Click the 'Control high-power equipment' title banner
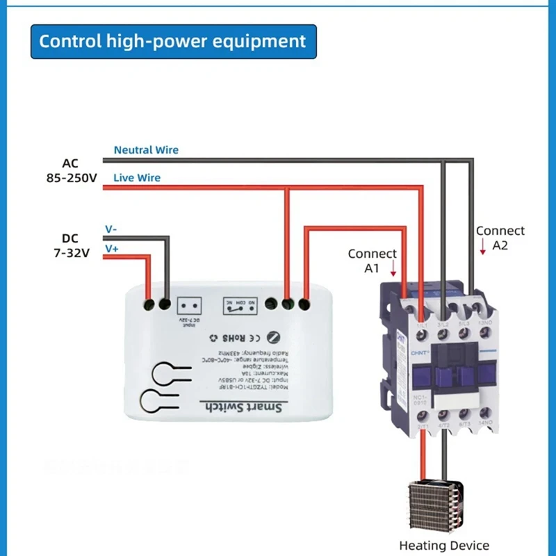point(172,41)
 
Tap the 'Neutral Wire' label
point(146,149)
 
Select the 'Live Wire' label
point(137,178)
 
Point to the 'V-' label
point(111,229)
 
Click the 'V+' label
point(111,248)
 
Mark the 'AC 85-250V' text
point(70,170)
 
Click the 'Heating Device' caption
point(444,546)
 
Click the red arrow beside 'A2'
point(483,245)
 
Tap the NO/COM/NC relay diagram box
point(238,304)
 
